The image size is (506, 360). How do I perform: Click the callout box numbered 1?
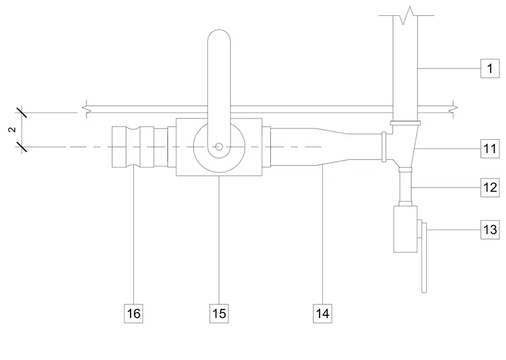490,69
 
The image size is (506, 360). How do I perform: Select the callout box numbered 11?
490,148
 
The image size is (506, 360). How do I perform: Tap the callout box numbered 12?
490,188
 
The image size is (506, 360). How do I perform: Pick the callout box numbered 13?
490,230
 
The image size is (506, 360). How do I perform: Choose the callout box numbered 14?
322,313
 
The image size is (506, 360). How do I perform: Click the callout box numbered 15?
219,313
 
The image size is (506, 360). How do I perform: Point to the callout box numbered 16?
134,313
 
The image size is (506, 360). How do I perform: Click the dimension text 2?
12,130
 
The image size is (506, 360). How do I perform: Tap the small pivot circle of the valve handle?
219,147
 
